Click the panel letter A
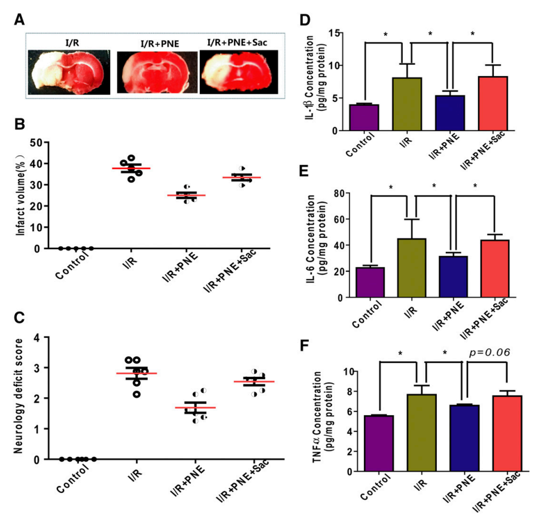pos(20,19)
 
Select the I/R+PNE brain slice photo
pos(157,70)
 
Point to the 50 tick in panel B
pos(44,142)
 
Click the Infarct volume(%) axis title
pos(22,195)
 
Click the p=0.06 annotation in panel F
pos(491,352)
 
